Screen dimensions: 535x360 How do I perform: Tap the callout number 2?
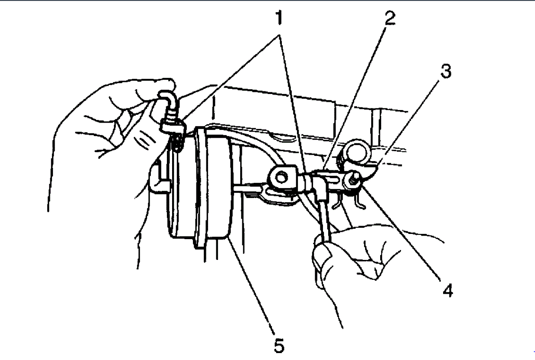(388, 18)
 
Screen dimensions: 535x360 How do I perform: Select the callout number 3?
(445, 71)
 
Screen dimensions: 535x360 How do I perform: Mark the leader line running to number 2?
(356, 95)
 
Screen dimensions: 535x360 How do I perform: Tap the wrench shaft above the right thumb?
(324, 217)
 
